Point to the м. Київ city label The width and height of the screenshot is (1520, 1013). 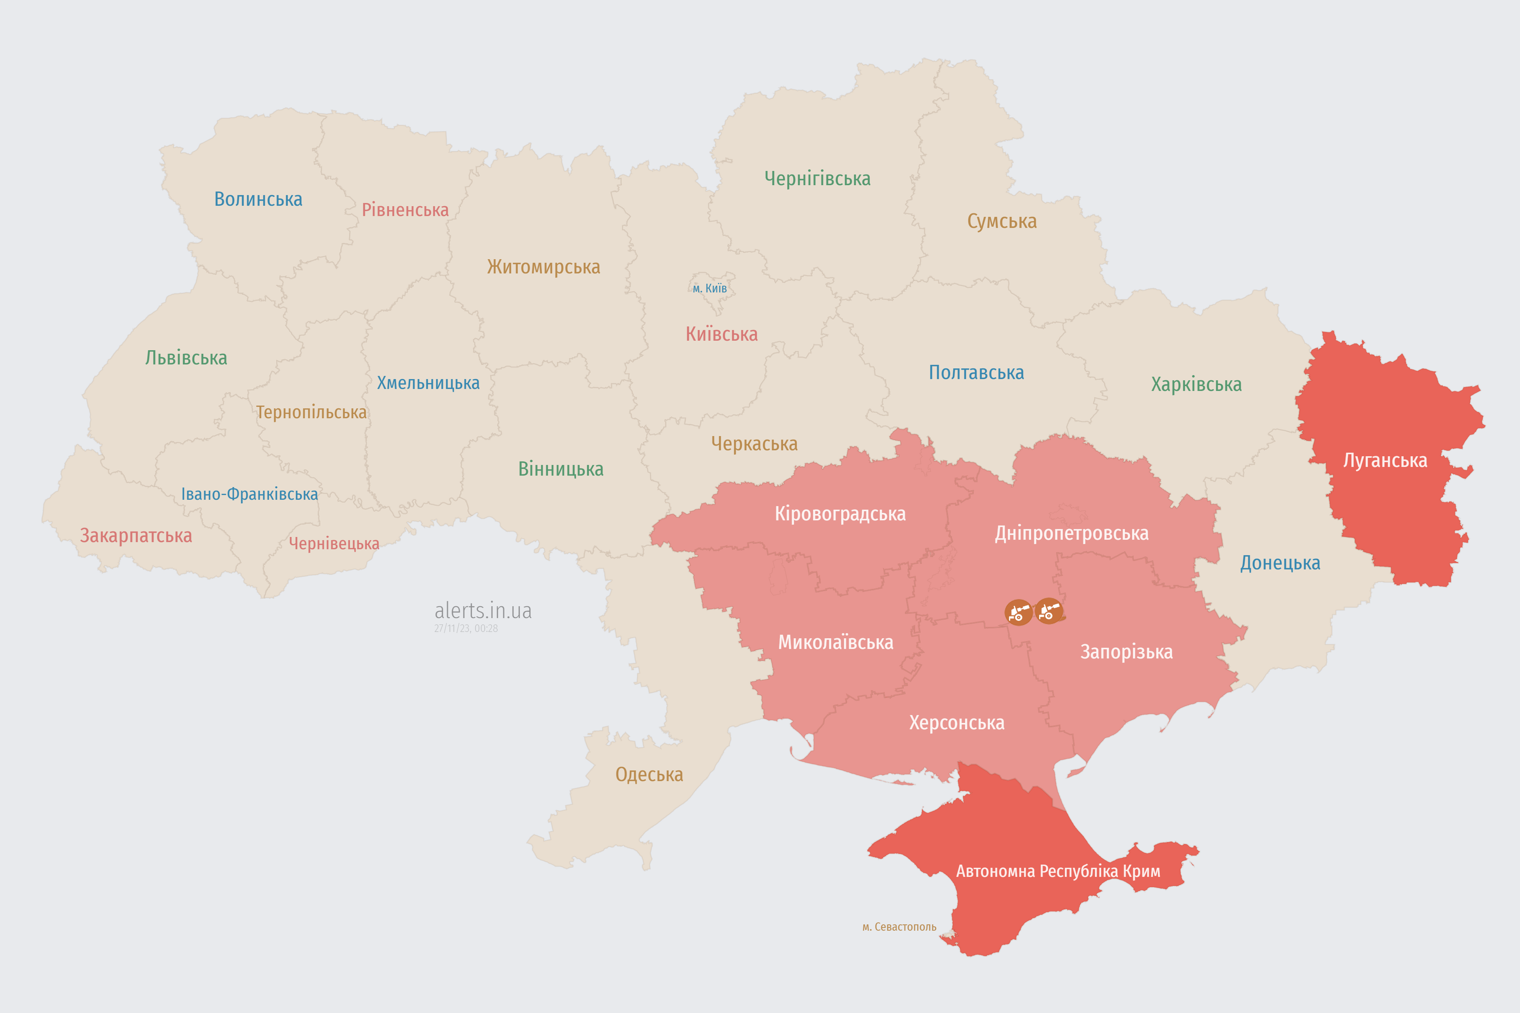click(710, 288)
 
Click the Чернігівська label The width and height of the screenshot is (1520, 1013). click(817, 178)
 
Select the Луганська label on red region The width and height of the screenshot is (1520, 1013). click(1385, 461)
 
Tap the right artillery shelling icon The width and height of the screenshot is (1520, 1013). click(1048, 611)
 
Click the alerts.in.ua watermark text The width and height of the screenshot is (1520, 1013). click(483, 611)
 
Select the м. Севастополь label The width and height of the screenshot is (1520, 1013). click(899, 927)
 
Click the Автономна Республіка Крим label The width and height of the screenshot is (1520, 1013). click(1058, 871)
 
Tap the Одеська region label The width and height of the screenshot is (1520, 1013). click(649, 775)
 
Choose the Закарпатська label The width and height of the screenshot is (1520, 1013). click(136, 535)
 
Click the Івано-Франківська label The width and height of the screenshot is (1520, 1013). click(249, 494)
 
